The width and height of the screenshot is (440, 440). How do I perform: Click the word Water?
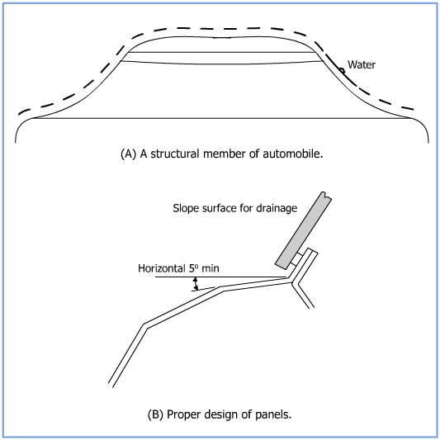pos(362,64)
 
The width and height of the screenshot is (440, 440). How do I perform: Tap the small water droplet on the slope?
pos(342,70)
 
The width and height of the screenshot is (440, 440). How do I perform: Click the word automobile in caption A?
pos(293,154)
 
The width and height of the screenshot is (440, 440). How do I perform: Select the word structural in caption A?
pos(175,154)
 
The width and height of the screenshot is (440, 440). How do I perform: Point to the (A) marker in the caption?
pos(128,154)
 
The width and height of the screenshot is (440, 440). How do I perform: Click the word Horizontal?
pos(162,268)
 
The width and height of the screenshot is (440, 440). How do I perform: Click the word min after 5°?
pos(211,268)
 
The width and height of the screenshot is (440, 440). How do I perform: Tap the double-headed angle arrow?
pos(196,283)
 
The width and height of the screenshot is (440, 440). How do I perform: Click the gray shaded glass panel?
pos(303,230)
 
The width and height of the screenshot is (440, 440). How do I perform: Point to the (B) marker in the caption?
pos(155,414)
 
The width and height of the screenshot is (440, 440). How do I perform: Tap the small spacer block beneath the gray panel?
pos(297,259)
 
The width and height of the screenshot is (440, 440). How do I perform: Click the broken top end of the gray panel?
pos(326,195)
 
